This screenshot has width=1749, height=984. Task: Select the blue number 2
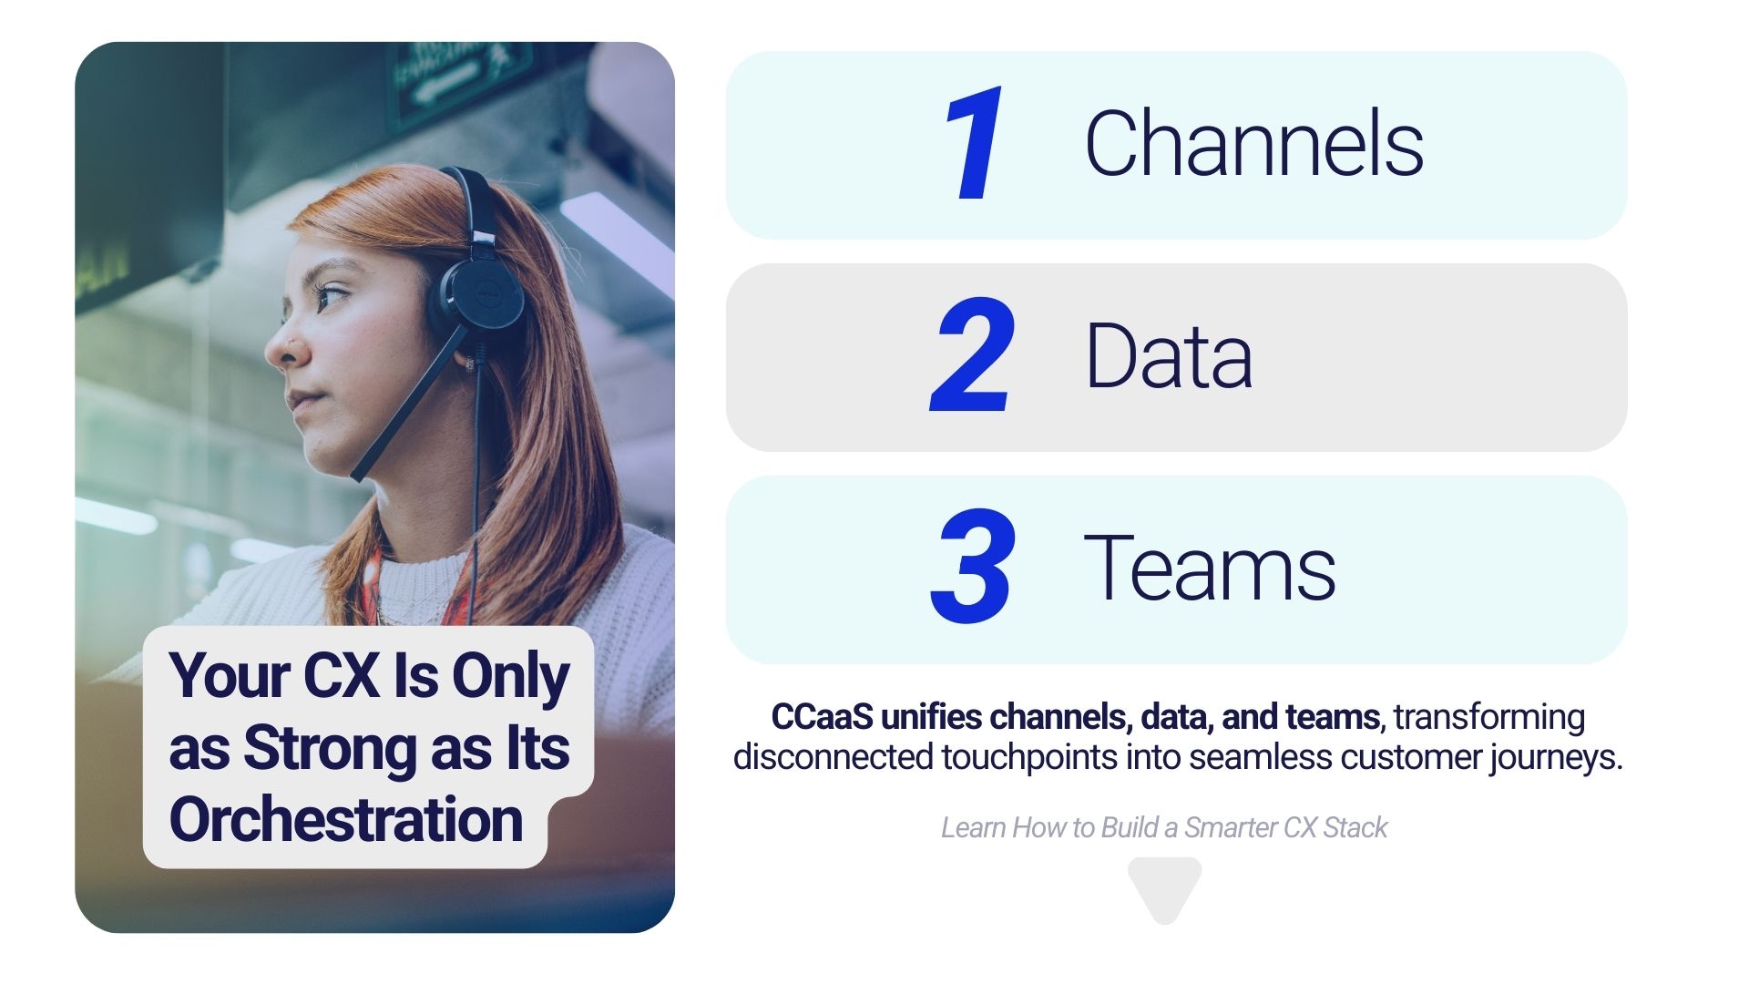click(972, 355)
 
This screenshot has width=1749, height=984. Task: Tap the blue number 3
click(973, 567)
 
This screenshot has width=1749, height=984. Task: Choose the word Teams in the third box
click(1210, 568)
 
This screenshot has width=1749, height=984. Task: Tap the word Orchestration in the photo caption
click(346, 819)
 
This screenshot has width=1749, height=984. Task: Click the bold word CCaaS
click(823, 717)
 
